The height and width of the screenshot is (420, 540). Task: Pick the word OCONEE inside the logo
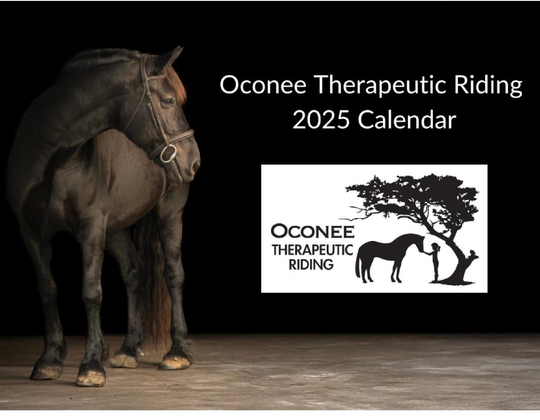(312, 232)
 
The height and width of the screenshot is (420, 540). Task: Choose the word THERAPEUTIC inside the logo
(312, 250)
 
